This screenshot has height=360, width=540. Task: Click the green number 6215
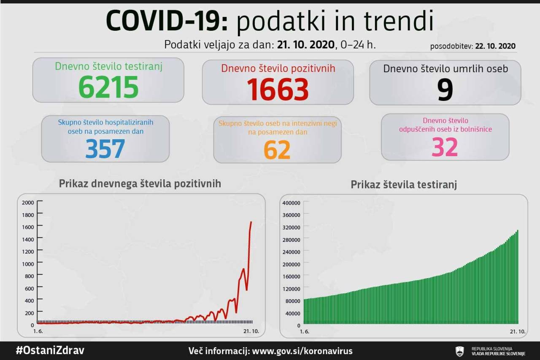[x=108, y=87]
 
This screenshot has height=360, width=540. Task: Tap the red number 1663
[x=278, y=89]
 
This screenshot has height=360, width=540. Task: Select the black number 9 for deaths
[x=445, y=89]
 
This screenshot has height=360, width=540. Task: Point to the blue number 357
[x=105, y=148]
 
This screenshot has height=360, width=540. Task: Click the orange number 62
[x=277, y=149]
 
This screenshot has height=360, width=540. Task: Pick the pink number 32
[x=445, y=147]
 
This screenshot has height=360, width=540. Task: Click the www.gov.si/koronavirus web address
[x=302, y=351]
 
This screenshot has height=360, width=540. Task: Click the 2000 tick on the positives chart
[x=27, y=203]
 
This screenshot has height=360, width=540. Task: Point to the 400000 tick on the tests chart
[x=292, y=203]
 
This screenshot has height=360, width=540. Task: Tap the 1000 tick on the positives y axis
[x=27, y=263]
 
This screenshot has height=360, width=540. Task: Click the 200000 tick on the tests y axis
[x=292, y=264]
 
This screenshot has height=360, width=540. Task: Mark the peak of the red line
[x=251, y=222]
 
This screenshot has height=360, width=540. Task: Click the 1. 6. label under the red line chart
[x=38, y=331]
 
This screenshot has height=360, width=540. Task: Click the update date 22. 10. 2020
[x=495, y=46]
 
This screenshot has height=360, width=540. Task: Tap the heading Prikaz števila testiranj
[x=404, y=185]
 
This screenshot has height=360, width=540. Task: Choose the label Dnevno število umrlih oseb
[x=445, y=69]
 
